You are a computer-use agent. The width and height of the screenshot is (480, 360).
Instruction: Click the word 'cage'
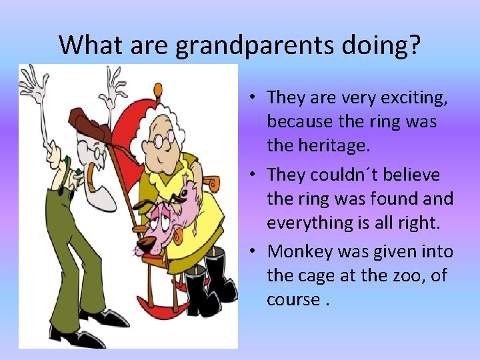tap(315, 275)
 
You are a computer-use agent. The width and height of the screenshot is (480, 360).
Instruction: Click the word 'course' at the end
tap(293, 299)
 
